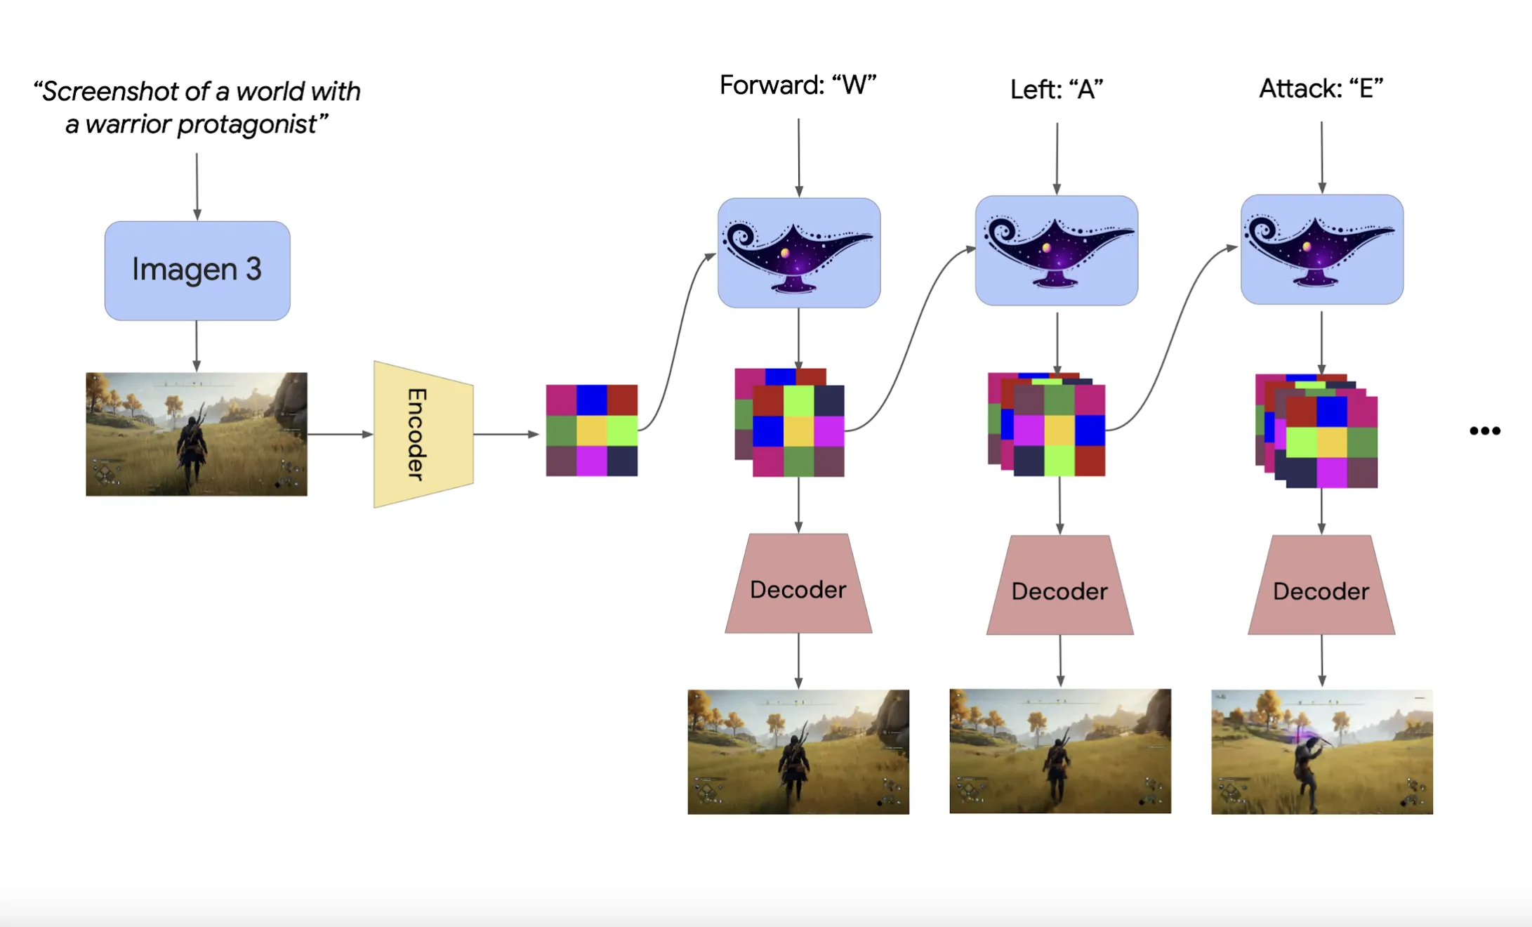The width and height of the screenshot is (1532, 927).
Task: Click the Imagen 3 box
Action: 197,270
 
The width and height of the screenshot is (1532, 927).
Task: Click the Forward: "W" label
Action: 798,86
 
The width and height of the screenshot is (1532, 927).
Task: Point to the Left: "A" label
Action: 1057,90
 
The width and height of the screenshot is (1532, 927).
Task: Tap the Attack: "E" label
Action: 1321,89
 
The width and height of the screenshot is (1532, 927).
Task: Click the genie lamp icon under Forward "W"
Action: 799,253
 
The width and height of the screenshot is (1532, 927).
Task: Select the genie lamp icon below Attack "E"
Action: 1321,250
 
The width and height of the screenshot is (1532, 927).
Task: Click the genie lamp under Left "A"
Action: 1057,251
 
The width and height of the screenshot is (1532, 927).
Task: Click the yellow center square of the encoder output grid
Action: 592,430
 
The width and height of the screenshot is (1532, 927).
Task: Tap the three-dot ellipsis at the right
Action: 1485,430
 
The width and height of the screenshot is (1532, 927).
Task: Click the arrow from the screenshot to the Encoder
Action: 340,434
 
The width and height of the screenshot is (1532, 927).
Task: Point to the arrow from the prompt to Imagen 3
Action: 197,186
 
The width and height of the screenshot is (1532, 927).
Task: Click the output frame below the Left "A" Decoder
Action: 1060,751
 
